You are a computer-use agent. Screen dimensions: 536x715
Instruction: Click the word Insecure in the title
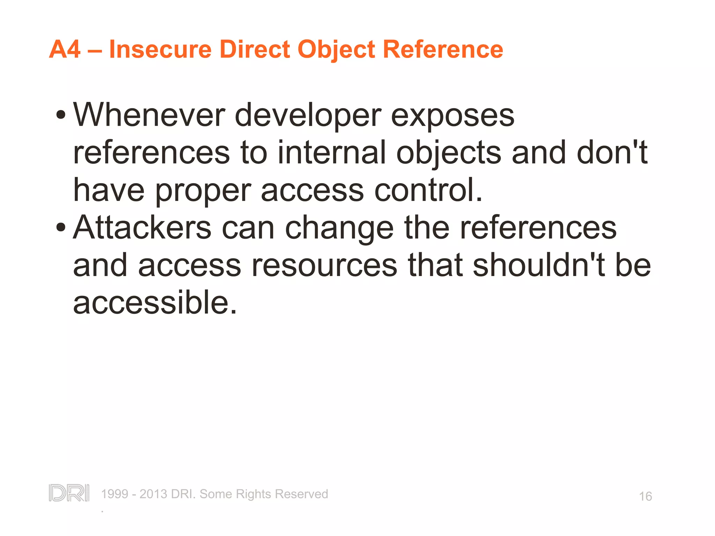click(160, 49)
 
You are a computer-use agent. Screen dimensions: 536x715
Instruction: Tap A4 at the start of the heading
click(65, 49)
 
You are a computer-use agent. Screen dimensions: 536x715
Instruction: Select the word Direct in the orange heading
click(255, 49)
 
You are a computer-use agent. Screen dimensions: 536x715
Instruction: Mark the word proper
click(203, 192)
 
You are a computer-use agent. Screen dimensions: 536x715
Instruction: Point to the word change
click(339, 229)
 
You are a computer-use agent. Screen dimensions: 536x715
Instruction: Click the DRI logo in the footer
click(69, 493)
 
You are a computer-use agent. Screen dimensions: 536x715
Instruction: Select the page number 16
click(645, 496)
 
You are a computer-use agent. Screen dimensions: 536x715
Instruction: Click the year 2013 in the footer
click(153, 494)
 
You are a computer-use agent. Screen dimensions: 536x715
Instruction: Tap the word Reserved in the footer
click(301, 494)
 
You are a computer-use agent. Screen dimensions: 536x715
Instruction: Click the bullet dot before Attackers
click(61, 228)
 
